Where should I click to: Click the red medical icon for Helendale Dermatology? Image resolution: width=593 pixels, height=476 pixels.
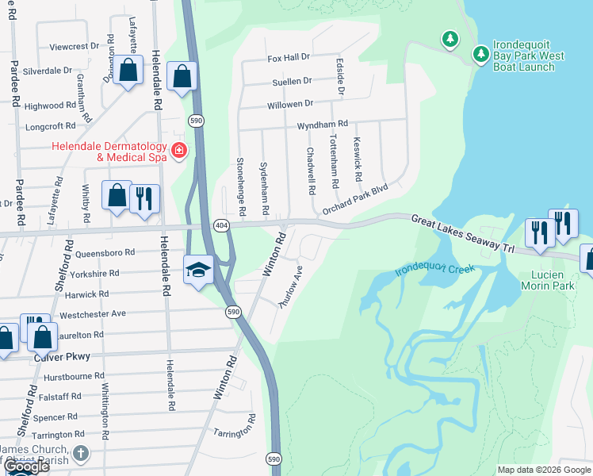[179, 150]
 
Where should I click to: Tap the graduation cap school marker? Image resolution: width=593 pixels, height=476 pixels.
[198, 270]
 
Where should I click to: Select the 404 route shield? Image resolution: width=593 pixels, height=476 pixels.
[222, 226]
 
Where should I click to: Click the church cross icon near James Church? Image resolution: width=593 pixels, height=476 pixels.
[79, 453]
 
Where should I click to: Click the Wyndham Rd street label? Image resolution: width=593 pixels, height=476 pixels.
[322, 125]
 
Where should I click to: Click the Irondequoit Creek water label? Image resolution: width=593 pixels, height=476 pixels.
[435, 270]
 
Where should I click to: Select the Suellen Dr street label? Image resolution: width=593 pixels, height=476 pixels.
[292, 80]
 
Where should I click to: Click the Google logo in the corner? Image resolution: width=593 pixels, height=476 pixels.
[26, 466]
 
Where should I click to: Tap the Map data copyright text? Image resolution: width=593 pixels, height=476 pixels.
[543, 470]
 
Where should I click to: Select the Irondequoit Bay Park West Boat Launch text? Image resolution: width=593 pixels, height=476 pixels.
[529, 56]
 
